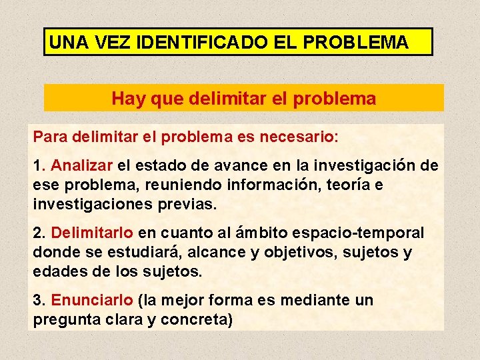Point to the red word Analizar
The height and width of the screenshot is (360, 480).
[81, 165]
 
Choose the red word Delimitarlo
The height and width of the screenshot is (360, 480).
[93, 233]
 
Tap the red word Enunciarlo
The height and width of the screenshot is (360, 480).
[93, 301]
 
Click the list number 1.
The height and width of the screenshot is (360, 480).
[37, 165]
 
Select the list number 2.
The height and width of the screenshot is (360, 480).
[37, 233]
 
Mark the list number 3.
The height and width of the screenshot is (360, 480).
[37, 301]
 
